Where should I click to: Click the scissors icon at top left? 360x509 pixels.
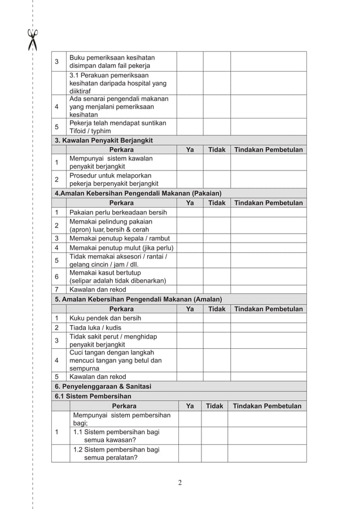pos(33,40)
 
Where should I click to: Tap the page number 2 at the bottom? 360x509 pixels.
pos(179,482)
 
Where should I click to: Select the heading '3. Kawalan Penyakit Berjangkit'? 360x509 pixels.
pos(103,140)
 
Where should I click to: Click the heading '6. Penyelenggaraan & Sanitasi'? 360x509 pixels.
pos(103,387)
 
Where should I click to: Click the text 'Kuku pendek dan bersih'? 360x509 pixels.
pos(105,318)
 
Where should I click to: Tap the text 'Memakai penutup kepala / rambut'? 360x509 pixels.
pos(120,238)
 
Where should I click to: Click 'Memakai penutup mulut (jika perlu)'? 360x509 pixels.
pos(121,248)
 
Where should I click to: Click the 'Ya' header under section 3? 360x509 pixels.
pos(190,150)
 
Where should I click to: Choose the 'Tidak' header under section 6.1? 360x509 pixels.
pos(214,406)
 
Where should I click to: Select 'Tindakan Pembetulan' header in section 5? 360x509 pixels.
pos(268,309)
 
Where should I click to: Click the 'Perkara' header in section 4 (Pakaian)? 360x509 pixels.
pos(121,203)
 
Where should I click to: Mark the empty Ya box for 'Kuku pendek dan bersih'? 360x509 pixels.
pos(190,318)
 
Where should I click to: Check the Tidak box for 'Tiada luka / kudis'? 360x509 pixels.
pos(217,327)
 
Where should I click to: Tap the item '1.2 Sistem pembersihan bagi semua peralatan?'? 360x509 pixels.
pos(116,454)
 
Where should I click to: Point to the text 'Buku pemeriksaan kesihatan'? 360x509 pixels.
pos(112,58)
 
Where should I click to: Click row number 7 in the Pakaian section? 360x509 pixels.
pos(57,290)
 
